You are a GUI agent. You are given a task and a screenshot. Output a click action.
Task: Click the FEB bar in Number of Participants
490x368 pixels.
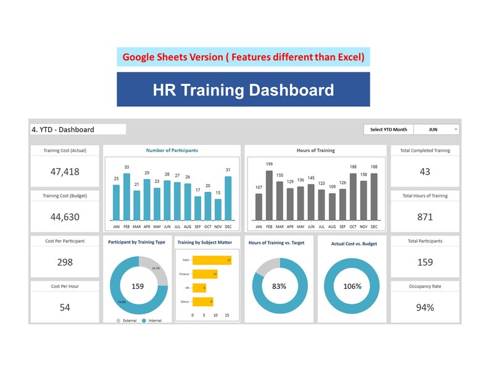[127, 196]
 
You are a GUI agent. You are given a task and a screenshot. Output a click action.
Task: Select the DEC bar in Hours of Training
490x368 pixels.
[374, 196]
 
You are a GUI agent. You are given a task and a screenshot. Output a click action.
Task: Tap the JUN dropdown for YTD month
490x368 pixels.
[436, 130]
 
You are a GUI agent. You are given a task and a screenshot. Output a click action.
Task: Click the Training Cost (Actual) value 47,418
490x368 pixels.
[65, 172]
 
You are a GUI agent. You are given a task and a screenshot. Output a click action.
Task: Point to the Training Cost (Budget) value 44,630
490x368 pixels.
[65, 217]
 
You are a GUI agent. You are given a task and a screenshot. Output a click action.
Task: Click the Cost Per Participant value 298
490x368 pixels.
[65, 262]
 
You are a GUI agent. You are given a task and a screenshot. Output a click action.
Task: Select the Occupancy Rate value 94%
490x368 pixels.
[425, 307]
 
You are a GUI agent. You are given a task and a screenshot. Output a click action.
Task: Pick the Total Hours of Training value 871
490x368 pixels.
[425, 217]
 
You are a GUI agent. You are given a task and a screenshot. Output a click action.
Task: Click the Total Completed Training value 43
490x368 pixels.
[425, 172]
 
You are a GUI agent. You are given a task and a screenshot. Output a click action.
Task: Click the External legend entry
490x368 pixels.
[127, 321]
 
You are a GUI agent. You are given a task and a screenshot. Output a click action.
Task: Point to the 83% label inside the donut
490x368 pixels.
[279, 286]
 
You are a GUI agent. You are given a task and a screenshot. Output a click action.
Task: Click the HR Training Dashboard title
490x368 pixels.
[243, 90]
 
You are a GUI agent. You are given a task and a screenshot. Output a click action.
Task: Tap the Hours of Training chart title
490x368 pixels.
[315, 151]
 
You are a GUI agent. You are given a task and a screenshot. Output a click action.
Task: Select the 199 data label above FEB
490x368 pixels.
[269, 164]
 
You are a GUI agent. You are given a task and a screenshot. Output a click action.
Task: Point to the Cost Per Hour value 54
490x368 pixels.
[65, 307]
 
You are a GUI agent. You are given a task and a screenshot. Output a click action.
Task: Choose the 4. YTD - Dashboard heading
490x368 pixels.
[63, 130]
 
